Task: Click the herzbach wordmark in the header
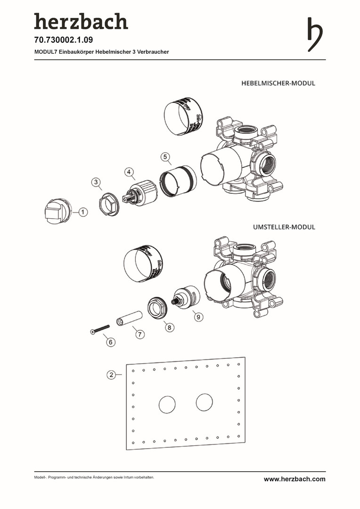point(81,22)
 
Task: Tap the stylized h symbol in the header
point(315,34)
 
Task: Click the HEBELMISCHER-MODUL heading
point(278,83)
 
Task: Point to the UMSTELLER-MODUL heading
point(284,227)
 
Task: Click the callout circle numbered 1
point(82,213)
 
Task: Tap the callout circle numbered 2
point(111,375)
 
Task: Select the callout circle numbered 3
point(96,182)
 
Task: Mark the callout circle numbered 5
point(164,156)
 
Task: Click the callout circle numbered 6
point(111,342)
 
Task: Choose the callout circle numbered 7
point(139,334)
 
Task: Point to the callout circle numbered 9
point(198,317)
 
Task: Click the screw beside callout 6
point(99,328)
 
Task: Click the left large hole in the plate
point(167,405)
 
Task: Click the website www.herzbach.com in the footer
point(295,479)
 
